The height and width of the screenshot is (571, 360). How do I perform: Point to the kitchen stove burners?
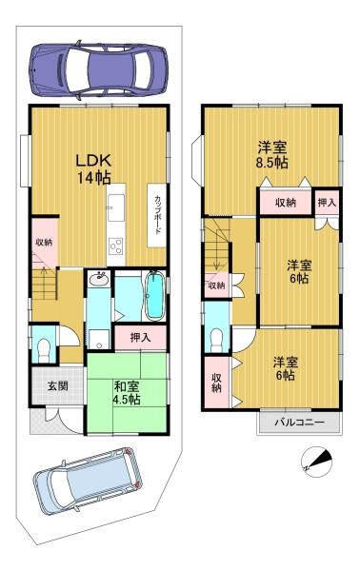[x=117, y=247]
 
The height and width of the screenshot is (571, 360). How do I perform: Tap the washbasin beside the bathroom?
[x=99, y=280]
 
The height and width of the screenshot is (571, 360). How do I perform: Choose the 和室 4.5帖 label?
[x=121, y=393]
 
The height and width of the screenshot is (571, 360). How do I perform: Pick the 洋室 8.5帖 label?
[x=271, y=154]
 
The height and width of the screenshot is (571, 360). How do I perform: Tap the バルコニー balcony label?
[x=299, y=422]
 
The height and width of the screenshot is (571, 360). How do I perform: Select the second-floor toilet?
[x=216, y=339]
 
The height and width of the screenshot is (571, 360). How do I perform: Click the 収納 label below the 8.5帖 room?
[x=286, y=203]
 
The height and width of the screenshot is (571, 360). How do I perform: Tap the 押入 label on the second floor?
[x=327, y=203]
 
